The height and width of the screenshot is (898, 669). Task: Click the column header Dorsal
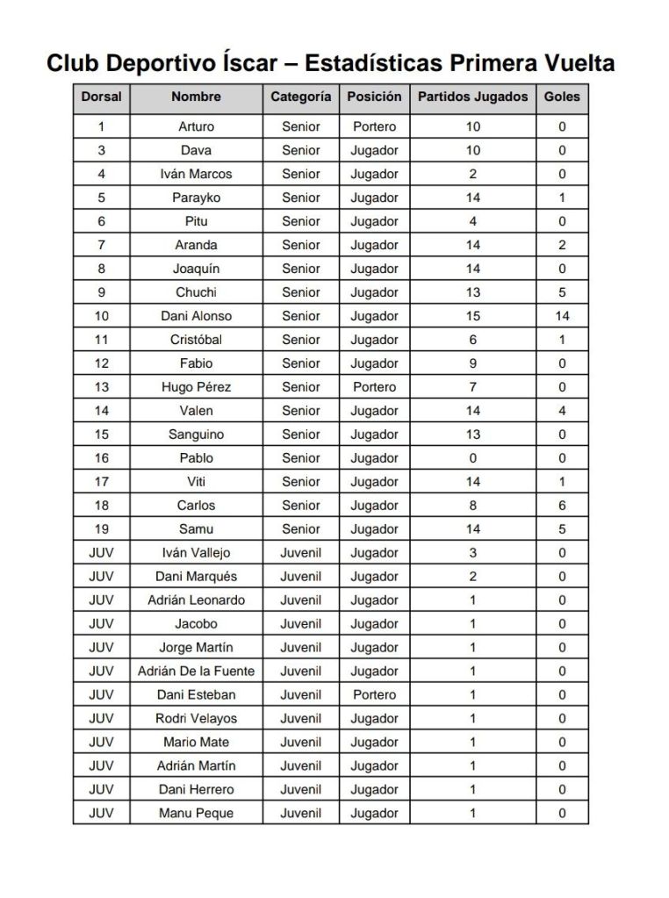[x=101, y=97]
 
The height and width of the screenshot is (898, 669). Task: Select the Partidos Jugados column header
[x=472, y=97]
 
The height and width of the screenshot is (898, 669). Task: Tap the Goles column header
[x=562, y=97]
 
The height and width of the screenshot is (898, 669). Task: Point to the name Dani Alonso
[x=196, y=316]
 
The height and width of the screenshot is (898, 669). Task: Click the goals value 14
[x=562, y=316]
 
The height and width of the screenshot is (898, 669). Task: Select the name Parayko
[x=196, y=198]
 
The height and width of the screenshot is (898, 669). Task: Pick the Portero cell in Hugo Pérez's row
[x=374, y=387]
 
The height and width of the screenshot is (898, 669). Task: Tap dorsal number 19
[x=101, y=529]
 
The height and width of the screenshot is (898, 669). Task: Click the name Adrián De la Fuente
[x=196, y=672]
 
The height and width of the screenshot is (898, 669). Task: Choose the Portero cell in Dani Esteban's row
[x=374, y=695]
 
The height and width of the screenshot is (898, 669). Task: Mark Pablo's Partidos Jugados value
[x=472, y=458]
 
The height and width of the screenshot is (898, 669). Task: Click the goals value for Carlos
[x=562, y=506]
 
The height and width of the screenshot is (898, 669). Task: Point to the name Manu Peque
[x=196, y=814]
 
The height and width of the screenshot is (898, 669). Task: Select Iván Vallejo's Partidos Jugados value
[x=472, y=553]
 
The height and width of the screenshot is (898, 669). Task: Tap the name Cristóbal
[x=196, y=340]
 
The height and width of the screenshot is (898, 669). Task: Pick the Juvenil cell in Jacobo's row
[x=300, y=624]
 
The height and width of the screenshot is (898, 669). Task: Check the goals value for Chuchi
[x=562, y=292]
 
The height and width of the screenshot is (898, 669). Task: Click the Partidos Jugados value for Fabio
[x=472, y=363]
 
